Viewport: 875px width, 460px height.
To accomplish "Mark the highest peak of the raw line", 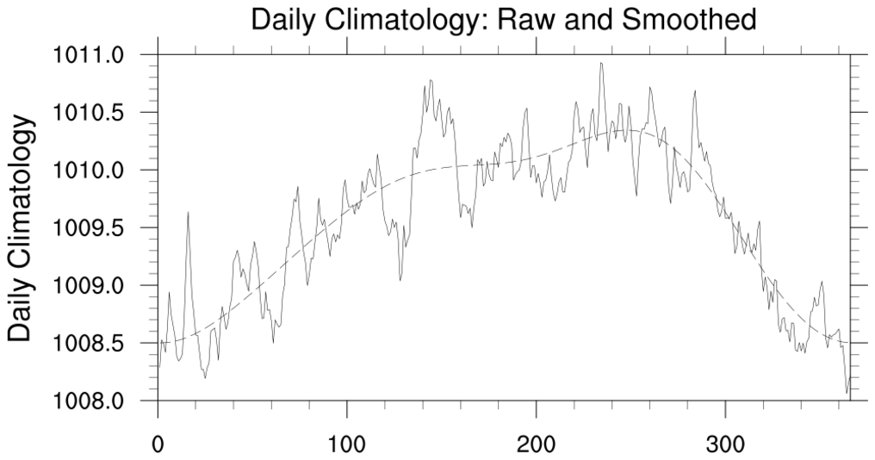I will tap(601, 63).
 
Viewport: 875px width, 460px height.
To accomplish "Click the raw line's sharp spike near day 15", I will tap(188, 212).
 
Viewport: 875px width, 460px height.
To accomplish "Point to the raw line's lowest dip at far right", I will tap(847, 393).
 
